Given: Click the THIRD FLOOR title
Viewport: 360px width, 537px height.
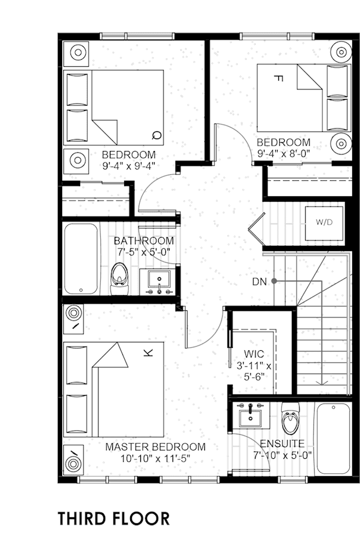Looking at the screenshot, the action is [x=113, y=519].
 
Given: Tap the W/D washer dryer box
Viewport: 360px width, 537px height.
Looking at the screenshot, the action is [x=324, y=223].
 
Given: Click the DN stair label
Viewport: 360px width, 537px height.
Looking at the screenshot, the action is [x=259, y=282].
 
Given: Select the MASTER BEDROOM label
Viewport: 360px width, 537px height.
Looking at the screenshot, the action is [x=155, y=447].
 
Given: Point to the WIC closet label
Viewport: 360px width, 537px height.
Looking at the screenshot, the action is [x=254, y=354].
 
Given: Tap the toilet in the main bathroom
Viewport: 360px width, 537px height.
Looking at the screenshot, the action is [x=119, y=279].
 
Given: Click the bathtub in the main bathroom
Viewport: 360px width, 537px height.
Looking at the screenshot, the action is [x=81, y=259].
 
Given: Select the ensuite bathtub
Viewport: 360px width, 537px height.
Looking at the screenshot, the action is [x=333, y=439].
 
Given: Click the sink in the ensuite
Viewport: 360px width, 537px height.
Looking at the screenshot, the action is [x=250, y=415].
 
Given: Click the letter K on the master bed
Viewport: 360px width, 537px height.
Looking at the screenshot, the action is [x=148, y=353].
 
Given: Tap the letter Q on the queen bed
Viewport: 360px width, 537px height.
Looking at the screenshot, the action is [x=157, y=135].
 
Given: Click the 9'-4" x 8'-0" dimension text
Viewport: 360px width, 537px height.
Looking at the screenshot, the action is [x=283, y=153].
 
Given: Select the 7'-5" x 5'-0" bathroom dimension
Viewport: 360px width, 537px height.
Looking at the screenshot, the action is [x=144, y=252].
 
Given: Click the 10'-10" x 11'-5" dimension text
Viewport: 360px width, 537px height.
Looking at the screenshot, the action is [x=155, y=458].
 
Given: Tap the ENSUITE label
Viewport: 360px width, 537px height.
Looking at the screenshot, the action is [x=282, y=444].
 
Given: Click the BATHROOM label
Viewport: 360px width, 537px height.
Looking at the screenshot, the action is [x=144, y=241].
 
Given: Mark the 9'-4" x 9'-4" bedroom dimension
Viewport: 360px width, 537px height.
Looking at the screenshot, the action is [x=129, y=166].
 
